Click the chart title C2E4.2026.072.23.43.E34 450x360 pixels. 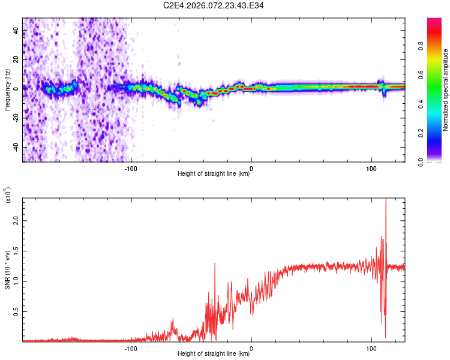coord(214,6)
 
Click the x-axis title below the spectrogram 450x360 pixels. coord(214,174)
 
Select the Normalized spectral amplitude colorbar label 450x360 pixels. coord(445,90)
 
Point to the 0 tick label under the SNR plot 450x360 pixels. coord(251,347)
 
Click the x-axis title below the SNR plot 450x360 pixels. coord(214,354)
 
